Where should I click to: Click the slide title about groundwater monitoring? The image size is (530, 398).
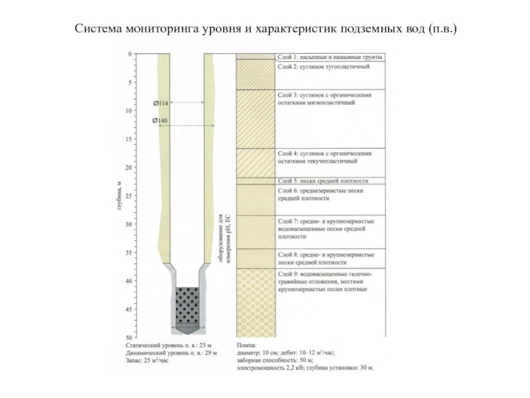[265, 29]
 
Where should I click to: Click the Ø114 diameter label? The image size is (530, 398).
[160, 103]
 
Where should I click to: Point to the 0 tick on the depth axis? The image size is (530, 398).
[130, 54]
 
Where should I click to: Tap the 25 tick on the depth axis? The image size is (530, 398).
[129, 196]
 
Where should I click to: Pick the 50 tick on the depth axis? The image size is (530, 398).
[129, 337]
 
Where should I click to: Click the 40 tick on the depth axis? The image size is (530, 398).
[129, 281]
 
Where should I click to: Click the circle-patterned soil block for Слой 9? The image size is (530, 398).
[256, 302]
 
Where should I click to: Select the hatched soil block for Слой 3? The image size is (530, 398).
[256, 119]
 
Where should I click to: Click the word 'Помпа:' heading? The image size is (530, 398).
[248, 346]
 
